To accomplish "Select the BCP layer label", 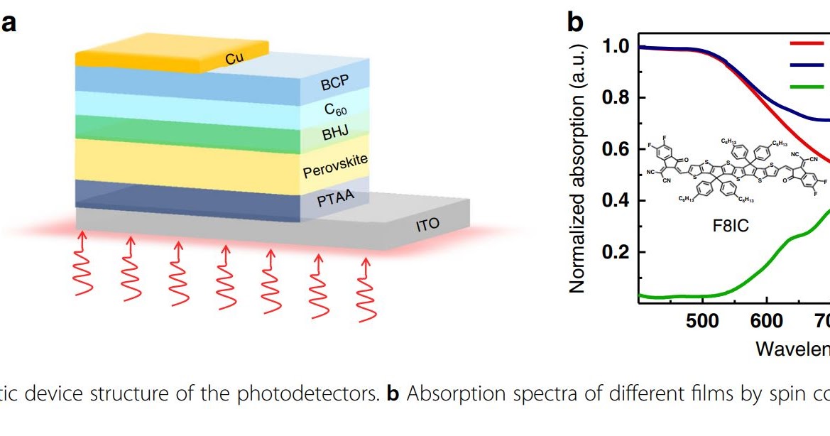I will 335,83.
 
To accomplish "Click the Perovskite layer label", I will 335,166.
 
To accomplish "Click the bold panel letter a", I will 9,23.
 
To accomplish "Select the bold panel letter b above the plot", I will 575,23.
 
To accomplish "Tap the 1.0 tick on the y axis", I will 616,47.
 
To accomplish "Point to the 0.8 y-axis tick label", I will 616,98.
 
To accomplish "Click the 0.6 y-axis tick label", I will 616,149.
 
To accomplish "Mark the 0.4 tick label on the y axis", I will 616,201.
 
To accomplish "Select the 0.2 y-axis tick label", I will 616,253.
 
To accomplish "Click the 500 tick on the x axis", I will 702,320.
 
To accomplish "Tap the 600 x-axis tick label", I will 766,320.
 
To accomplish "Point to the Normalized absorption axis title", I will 578,168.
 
